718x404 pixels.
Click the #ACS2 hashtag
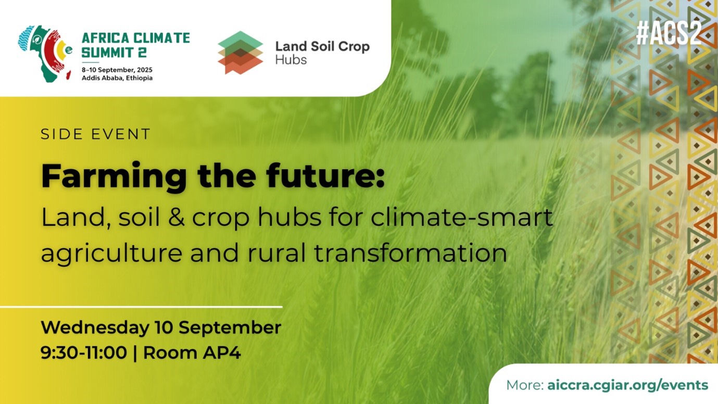click(669, 34)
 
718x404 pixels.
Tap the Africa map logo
click(45, 54)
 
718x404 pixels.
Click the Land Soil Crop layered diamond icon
click(240, 53)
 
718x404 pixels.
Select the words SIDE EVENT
click(95, 134)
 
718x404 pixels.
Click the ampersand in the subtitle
click(177, 217)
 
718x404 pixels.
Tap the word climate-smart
click(462, 217)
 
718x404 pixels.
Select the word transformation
click(411, 253)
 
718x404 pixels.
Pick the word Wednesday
click(95, 328)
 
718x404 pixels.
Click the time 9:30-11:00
click(84, 353)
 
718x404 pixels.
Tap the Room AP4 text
click(192, 353)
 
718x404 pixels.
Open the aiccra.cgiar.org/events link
click(628, 385)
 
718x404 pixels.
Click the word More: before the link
click(525, 385)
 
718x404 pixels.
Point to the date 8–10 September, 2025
click(117, 70)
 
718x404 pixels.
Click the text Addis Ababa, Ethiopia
click(117, 78)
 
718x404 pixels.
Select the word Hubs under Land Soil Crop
click(291, 59)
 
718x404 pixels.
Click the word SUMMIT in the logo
click(107, 53)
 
